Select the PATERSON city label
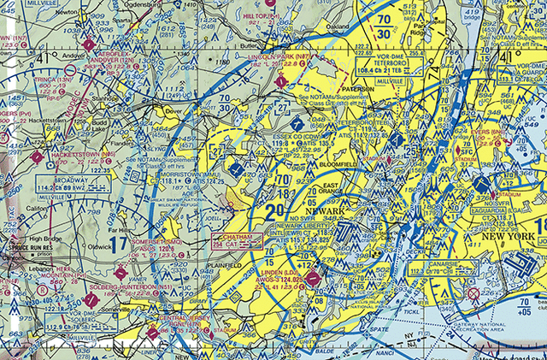click(x=357, y=88)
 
